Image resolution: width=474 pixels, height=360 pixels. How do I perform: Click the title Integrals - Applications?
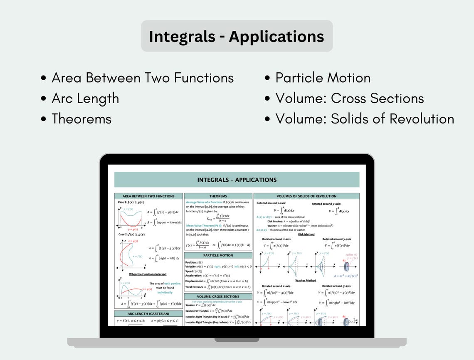point(237,37)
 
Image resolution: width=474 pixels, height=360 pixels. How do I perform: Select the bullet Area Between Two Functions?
point(142,78)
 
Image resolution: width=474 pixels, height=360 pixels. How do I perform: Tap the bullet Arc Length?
point(85,99)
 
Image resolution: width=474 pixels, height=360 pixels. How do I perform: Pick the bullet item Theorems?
point(81,119)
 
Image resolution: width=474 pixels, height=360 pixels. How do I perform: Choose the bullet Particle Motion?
point(323,78)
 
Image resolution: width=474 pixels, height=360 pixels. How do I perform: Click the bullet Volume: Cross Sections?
point(349,99)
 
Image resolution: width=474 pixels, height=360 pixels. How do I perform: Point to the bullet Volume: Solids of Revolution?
point(364,119)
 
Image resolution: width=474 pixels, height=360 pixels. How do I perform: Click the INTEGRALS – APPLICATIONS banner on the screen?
point(237,180)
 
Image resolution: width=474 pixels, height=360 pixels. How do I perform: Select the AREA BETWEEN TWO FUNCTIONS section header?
point(148,196)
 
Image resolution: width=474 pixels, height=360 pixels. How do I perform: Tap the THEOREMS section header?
point(218,196)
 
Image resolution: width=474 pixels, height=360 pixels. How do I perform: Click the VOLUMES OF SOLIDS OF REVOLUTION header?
point(306,196)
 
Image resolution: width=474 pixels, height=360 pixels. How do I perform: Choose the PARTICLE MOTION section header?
point(218,255)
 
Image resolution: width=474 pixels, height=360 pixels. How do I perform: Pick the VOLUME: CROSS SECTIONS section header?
point(218,296)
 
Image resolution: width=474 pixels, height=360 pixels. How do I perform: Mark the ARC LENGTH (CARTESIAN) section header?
point(148,314)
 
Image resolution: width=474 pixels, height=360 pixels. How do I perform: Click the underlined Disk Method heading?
point(306,234)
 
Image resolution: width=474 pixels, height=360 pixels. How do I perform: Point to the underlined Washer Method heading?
point(306,281)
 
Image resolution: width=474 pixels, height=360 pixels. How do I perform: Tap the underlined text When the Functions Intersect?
point(148,274)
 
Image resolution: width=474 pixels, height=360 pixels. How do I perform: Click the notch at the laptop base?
point(237,340)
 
